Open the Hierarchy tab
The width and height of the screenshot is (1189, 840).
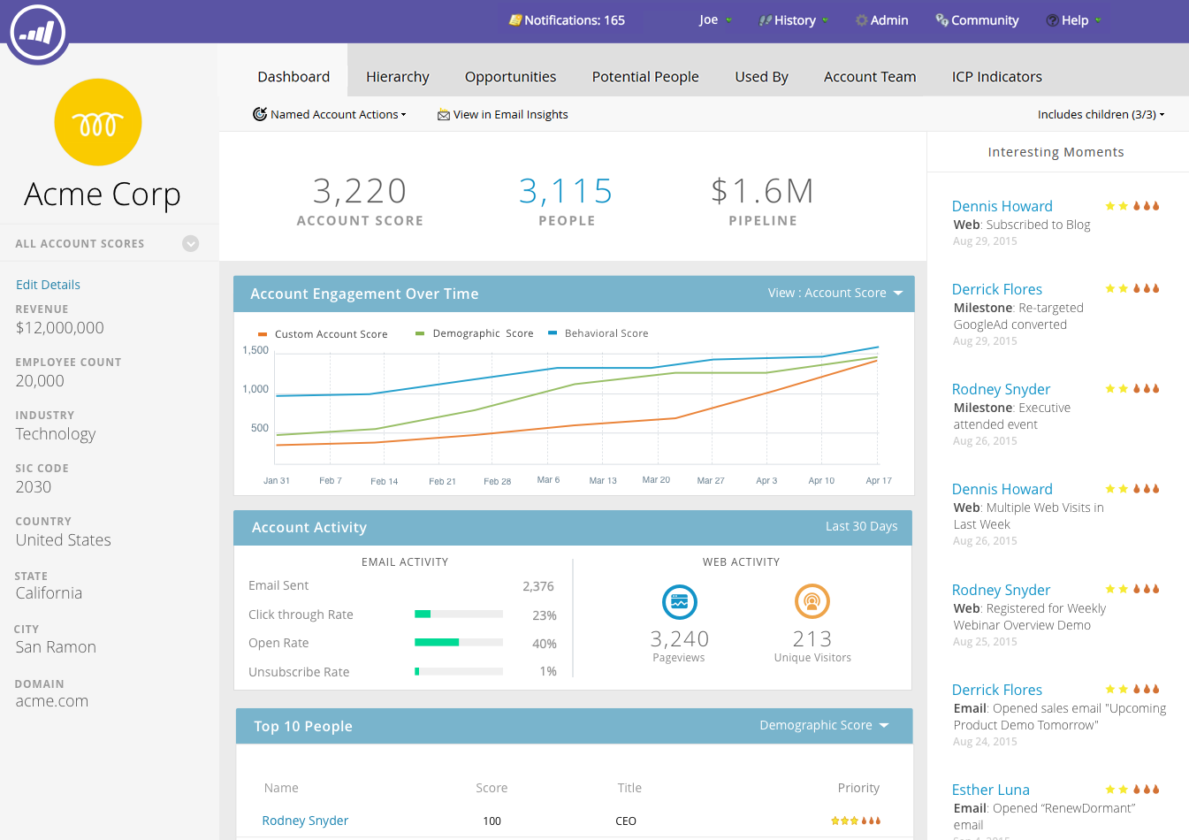397,77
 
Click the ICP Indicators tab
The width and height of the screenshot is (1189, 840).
996,77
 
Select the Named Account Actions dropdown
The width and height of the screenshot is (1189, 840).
330,114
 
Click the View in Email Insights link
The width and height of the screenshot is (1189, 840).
503,114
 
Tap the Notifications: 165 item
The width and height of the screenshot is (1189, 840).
567,20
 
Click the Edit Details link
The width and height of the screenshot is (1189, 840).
48,285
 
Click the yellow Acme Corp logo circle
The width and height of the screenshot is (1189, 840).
98,122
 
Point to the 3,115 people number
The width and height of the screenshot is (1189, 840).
566,191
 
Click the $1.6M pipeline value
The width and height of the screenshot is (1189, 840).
762,191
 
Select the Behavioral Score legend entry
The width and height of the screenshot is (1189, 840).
606,333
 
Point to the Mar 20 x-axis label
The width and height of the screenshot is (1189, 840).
656,480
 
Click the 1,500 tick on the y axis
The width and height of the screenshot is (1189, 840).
255,350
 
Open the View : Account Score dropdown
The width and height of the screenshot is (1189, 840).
835,293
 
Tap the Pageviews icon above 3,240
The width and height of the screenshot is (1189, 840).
679,602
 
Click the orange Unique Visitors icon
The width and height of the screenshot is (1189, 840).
812,602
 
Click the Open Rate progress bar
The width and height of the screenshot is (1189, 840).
459,643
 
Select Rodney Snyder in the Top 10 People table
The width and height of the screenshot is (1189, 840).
305,821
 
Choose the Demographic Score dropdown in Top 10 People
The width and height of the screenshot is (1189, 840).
824,725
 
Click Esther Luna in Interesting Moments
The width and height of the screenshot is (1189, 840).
990,790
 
